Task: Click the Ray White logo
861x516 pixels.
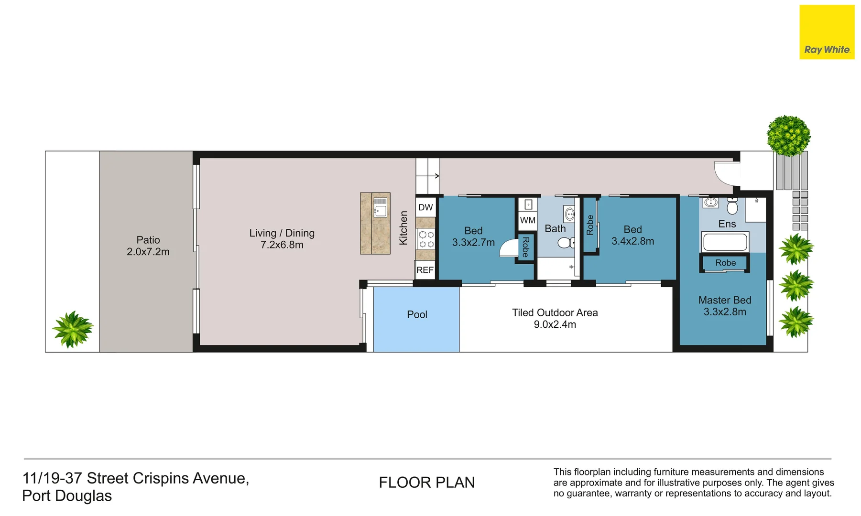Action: (x=827, y=32)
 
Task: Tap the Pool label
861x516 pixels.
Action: (x=417, y=314)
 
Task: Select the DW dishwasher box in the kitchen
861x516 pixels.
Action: (x=425, y=207)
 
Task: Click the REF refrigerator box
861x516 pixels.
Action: (x=425, y=270)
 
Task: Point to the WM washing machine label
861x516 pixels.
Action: (x=528, y=220)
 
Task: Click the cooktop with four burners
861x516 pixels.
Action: (x=426, y=239)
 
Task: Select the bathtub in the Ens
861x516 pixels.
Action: (x=725, y=242)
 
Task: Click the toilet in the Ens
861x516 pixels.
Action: (x=732, y=205)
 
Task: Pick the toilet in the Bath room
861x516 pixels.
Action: (x=566, y=243)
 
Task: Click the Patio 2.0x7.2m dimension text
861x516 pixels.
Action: (x=148, y=252)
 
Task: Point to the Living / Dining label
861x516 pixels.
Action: (x=282, y=233)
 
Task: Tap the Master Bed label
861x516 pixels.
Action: (x=725, y=300)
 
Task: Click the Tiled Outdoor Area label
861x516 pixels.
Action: (x=555, y=312)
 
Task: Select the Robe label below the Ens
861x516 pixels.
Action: (x=725, y=263)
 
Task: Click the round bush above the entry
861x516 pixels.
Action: (x=789, y=136)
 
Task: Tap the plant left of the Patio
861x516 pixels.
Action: (x=73, y=329)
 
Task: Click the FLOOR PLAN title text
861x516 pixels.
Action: (x=427, y=483)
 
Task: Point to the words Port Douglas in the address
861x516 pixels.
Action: (x=67, y=496)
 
